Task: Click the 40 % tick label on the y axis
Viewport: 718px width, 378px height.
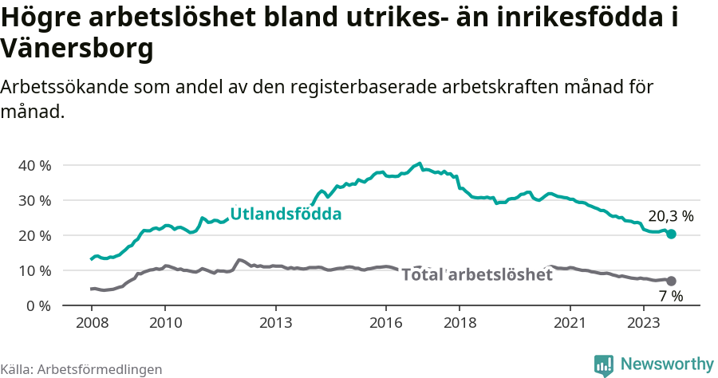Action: (34, 165)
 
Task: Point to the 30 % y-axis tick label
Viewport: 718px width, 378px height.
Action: (34, 200)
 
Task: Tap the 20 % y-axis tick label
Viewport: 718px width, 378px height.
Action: (34, 235)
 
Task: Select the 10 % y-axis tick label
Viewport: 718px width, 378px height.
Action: (34, 270)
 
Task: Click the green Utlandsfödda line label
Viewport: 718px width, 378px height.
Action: (286, 214)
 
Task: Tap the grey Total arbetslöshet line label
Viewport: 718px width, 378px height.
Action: (476, 275)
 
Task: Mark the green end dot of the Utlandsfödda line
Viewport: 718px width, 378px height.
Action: (671, 234)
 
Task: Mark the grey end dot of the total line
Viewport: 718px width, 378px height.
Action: (671, 281)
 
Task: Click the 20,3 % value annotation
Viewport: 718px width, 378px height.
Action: (670, 216)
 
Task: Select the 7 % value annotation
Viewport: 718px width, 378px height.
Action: (670, 296)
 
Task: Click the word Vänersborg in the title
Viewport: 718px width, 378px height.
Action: (77, 49)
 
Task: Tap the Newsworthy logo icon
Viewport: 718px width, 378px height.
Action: (604, 364)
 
